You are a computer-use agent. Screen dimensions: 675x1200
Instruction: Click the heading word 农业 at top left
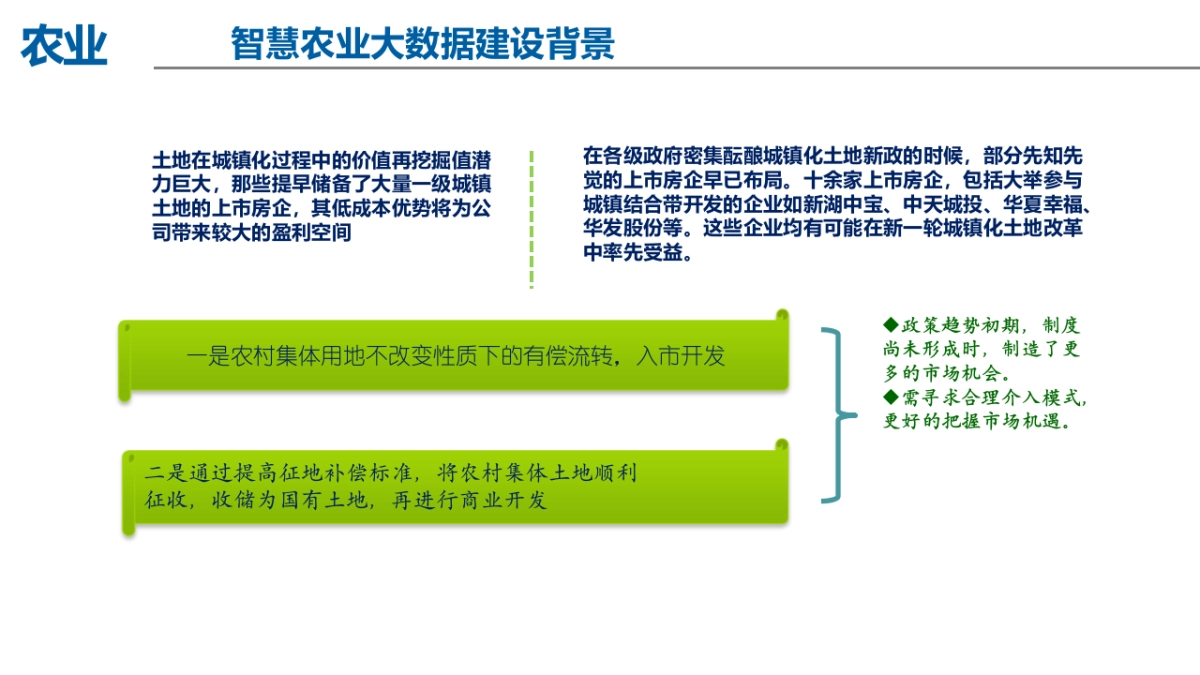[x=64, y=45]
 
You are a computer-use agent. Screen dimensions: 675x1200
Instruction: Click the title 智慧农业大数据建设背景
[x=422, y=44]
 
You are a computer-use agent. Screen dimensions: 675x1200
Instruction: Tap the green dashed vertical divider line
[x=531, y=220]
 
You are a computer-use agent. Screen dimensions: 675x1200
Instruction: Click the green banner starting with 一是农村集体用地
[x=455, y=356]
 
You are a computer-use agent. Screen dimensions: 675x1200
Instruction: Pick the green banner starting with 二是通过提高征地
[x=455, y=487]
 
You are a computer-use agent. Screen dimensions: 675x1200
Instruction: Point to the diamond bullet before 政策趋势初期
[x=891, y=325]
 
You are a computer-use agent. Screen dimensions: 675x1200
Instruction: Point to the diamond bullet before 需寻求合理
[x=891, y=397]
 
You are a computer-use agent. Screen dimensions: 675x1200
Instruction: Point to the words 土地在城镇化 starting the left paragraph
[x=204, y=160]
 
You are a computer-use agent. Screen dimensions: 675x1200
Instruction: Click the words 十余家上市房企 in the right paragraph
[x=868, y=181]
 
